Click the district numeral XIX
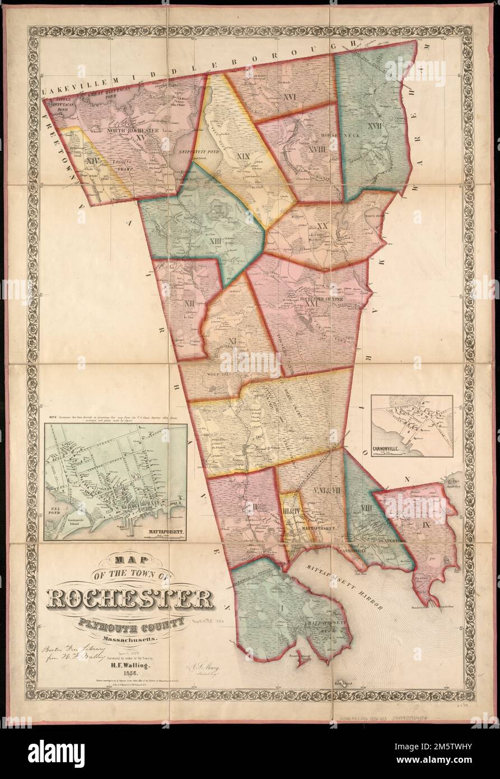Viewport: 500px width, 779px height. pos(242,156)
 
